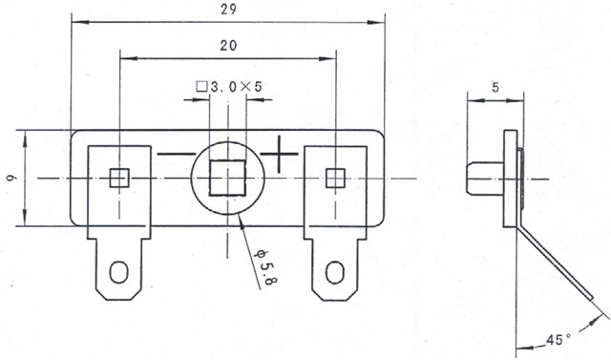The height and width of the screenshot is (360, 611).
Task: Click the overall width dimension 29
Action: pos(228,9)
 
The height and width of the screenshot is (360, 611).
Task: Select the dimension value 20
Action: pos(228,46)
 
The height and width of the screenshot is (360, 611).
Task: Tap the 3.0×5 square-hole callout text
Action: pos(236,87)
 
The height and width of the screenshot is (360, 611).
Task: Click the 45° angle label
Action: pos(558,339)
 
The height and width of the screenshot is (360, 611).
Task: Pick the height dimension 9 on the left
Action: pos(11,178)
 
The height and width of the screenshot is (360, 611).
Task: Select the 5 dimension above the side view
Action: pos(495,88)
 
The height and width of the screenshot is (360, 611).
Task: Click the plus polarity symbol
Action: pos(279,155)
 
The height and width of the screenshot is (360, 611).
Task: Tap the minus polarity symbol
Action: pos(176,155)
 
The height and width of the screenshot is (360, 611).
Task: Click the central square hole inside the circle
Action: pos(228,178)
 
